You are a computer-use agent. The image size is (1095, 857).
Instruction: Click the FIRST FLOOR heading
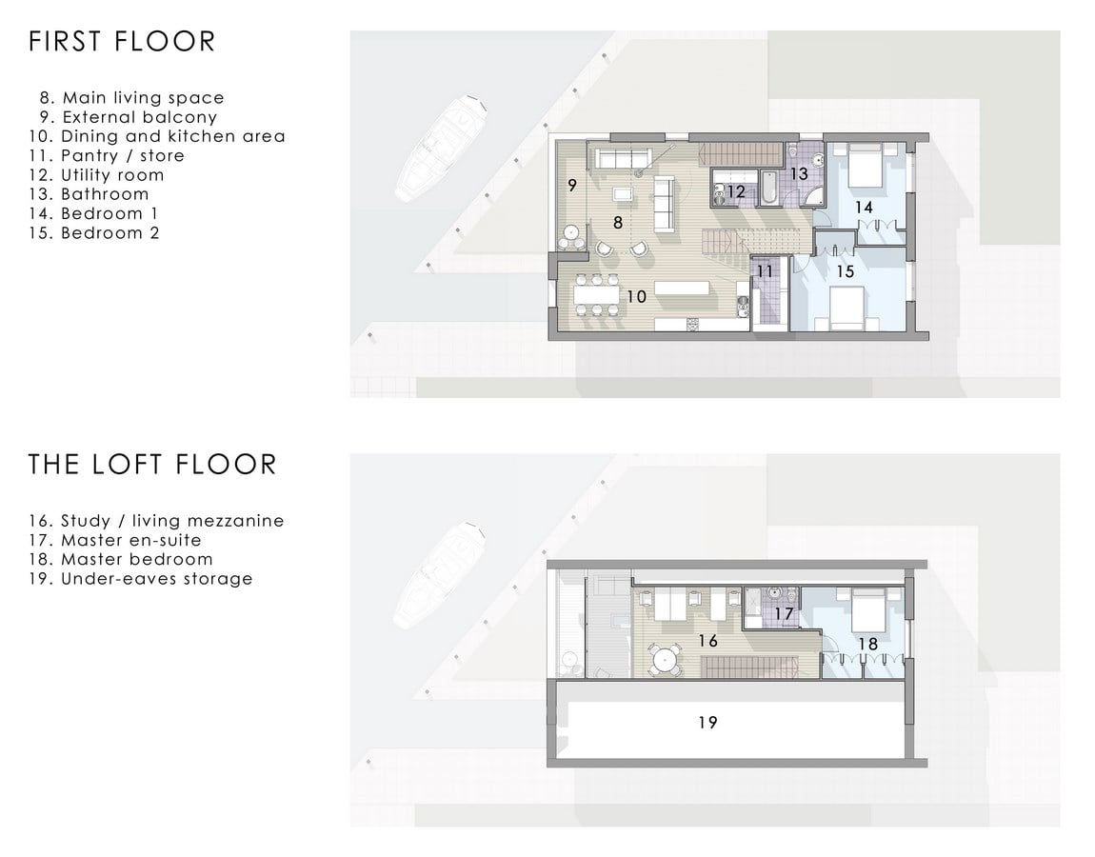[x=122, y=42]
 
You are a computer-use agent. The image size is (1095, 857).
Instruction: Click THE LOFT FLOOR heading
[x=152, y=465]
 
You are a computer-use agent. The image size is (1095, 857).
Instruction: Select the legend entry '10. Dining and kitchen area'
[x=157, y=136]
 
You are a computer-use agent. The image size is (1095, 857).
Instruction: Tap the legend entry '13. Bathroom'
[x=89, y=194]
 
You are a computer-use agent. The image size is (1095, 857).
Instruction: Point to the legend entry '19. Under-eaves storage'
[x=140, y=579]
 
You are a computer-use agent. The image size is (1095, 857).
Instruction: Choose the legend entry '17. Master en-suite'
[x=115, y=540]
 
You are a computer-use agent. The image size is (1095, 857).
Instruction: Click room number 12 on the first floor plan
[x=736, y=192]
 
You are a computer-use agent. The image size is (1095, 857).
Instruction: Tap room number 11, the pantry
[x=766, y=271]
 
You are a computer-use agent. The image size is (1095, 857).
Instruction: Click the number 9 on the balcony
[x=572, y=185]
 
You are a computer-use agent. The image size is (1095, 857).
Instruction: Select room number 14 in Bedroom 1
[x=864, y=208]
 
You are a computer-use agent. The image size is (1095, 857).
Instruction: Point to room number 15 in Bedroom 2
[x=845, y=271]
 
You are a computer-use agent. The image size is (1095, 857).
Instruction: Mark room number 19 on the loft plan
[x=707, y=722]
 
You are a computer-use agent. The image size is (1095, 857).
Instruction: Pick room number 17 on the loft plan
[x=784, y=614]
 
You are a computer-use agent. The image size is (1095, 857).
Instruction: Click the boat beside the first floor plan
[x=441, y=149]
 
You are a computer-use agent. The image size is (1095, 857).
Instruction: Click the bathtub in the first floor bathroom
[x=767, y=188]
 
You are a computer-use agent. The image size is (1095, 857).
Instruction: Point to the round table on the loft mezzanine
[x=665, y=659]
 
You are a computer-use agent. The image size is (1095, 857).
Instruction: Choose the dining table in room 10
[x=596, y=295]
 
